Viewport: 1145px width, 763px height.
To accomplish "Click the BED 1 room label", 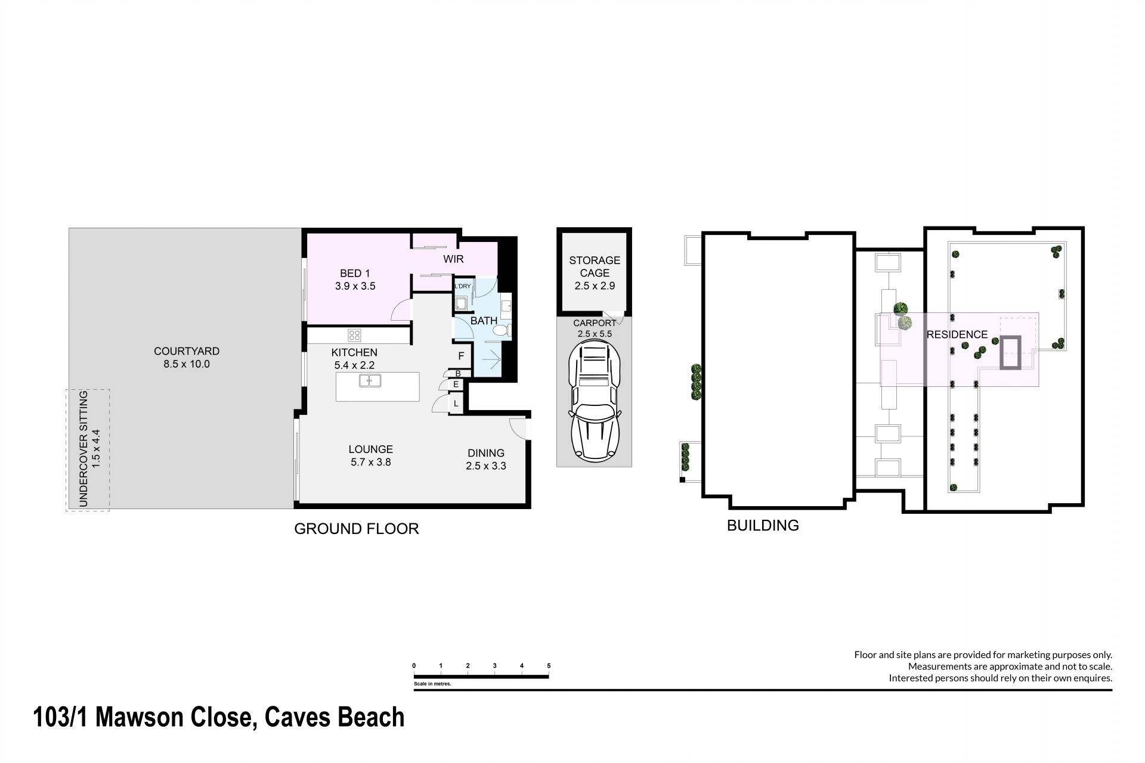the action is coord(355,273).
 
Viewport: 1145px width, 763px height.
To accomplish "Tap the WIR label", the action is coord(453,259).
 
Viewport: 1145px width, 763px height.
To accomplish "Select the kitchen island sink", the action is coord(370,380).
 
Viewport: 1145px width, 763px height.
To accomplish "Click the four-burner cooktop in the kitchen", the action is coord(355,334).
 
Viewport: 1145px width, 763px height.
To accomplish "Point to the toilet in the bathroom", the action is coord(501,330).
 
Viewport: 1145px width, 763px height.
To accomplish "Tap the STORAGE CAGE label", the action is coord(595,266).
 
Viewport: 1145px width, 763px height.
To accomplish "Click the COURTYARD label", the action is coord(187,352).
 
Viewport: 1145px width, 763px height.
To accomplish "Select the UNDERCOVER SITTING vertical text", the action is coord(83,449).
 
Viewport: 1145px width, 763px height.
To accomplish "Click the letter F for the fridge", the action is coord(460,356).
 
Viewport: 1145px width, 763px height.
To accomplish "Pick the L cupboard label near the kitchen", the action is coord(456,404).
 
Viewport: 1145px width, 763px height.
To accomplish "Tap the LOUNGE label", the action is coord(371,449).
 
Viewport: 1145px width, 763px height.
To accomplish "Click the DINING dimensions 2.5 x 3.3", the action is coord(486,466).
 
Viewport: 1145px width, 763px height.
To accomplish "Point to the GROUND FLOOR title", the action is coord(357,529).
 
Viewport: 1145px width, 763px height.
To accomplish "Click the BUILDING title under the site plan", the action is coord(763,525).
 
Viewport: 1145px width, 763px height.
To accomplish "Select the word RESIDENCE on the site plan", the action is coord(957,335).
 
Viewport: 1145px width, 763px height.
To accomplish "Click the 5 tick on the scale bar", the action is coord(549,666).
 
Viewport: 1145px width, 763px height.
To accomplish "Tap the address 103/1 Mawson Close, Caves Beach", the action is coord(219,717).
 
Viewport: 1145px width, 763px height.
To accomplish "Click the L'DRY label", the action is coord(463,286).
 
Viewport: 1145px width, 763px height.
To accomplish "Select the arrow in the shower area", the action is coord(491,359).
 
